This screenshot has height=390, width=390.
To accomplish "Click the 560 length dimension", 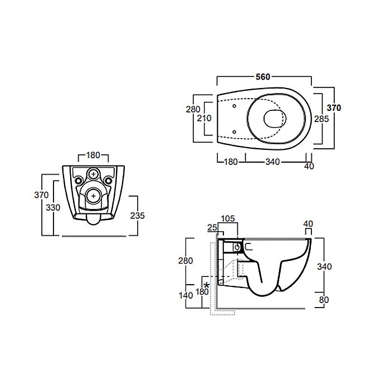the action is click(x=263, y=77).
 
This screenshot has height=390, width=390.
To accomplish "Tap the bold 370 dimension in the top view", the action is click(x=334, y=108).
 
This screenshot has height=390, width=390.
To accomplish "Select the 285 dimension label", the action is click(x=321, y=119).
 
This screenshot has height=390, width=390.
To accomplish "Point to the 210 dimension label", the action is click(x=204, y=118).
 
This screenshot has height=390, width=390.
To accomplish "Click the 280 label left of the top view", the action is click(x=193, y=109).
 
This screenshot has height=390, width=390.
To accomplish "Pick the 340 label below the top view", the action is click(x=272, y=162).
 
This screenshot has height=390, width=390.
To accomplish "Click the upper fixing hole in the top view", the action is click(x=234, y=106).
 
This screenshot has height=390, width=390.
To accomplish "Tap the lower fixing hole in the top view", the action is click(x=234, y=131).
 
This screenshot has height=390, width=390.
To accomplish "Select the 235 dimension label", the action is click(x=137, y=216).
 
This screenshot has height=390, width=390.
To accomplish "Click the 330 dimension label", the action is click(x=53, y=207).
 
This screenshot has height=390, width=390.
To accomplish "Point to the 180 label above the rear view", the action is click(x=93, y=155).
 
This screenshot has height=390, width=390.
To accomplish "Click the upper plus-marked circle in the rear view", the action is click(x=94, y=174).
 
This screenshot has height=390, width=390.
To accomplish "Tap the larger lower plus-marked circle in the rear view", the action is click(x=94, y=196).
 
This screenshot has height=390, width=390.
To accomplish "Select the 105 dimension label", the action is click(x=228, y=218).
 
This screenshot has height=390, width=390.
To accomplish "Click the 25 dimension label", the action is click(x=212, y=227).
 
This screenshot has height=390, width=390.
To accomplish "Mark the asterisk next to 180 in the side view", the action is click(x=207, y=285).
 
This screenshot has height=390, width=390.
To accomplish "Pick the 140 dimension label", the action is click(x=186, y=295).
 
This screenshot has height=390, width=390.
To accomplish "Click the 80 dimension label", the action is click(x=324, y=300).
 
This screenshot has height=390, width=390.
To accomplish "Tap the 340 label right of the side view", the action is click(x=324, y=267).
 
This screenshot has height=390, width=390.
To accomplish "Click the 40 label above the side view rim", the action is click(x=308, y=224).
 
